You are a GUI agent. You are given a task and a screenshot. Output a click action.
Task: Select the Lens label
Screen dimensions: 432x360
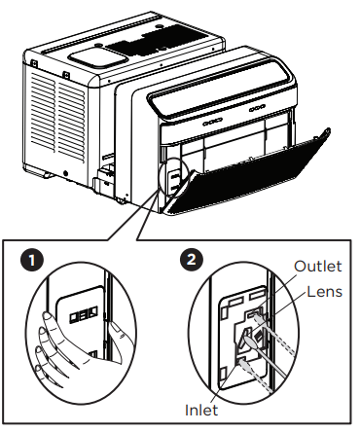323,290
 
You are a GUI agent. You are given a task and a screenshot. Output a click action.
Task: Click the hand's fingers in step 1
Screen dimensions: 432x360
49,345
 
